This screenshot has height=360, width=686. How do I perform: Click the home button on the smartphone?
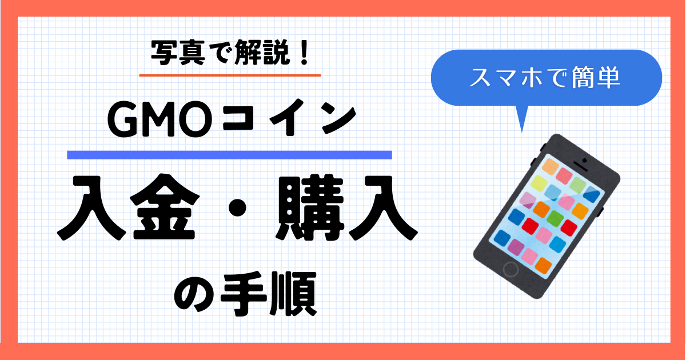click(511, 269)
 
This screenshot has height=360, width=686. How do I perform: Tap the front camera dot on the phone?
click(584, 161)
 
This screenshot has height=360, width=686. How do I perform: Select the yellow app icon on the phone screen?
click(539, 183)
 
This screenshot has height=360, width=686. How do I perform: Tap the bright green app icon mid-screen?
click(555, 218)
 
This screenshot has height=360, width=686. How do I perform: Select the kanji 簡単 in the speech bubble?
click(596, 78)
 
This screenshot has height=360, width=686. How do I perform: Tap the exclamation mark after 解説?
click(304, 53)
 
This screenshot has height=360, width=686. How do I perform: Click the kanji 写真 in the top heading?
click(178, 53)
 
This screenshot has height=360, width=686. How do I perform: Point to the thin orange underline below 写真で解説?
click(230, 75)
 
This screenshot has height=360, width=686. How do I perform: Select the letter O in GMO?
click(196, 121)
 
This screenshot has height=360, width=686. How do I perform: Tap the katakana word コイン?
click(289, 120)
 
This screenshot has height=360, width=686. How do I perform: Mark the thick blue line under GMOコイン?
click(229, 155)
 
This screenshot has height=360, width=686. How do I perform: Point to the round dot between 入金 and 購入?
click(237, 207)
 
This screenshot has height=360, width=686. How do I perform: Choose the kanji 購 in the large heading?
click(310, 207)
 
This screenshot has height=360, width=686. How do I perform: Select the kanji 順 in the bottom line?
click(293, 294)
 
